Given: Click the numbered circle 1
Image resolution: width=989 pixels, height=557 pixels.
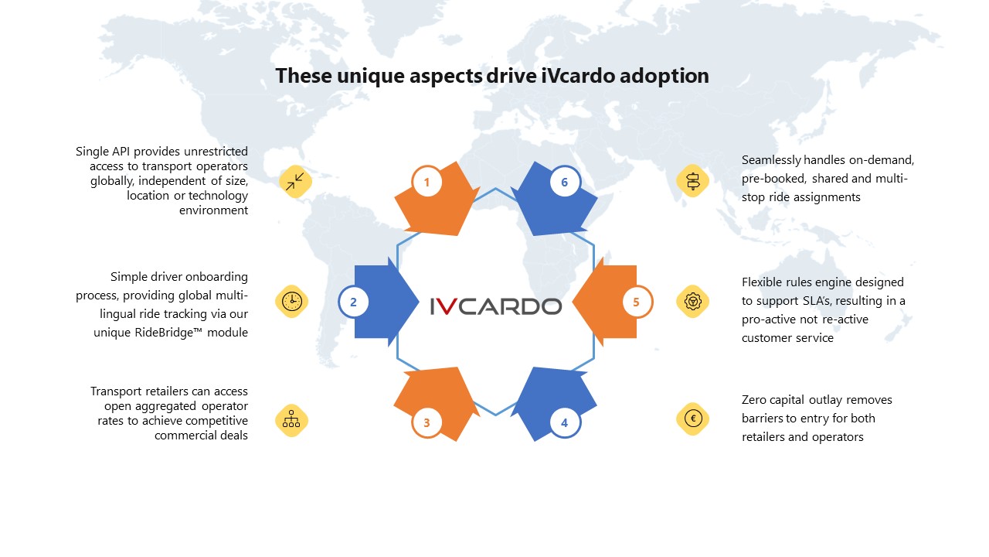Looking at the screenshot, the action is (x=427, y=182).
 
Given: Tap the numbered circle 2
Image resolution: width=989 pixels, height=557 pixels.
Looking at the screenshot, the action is (x=353, y=302).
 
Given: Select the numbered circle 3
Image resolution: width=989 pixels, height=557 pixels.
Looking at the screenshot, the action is (x=427, y=422).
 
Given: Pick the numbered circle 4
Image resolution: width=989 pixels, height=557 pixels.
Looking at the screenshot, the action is (x=564, y=422).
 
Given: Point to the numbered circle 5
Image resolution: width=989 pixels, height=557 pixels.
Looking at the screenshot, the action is (x=636, y=302).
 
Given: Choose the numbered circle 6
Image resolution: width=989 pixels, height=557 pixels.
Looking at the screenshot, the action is (x=564, y=182).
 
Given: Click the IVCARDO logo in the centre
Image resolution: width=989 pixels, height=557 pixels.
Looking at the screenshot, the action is (x=496, y=306).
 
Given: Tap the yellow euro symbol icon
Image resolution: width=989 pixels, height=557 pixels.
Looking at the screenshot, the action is (x=693, y=419).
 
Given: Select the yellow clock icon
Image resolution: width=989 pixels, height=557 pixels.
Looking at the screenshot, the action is (x=291, y=302).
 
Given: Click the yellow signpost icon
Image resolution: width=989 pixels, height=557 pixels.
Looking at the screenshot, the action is (x=693, y=181).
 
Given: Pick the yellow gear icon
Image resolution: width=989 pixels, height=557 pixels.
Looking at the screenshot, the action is (x=693, y=302).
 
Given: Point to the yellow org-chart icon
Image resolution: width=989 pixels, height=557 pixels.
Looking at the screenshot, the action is (x=291, y=420).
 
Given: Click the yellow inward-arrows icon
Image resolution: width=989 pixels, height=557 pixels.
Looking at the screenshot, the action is (x=295, y=181).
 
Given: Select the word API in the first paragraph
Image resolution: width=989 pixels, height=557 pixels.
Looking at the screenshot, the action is (x=121, y=151).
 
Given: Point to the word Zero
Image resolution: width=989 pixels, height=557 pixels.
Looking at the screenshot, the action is (x=753, y=400).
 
